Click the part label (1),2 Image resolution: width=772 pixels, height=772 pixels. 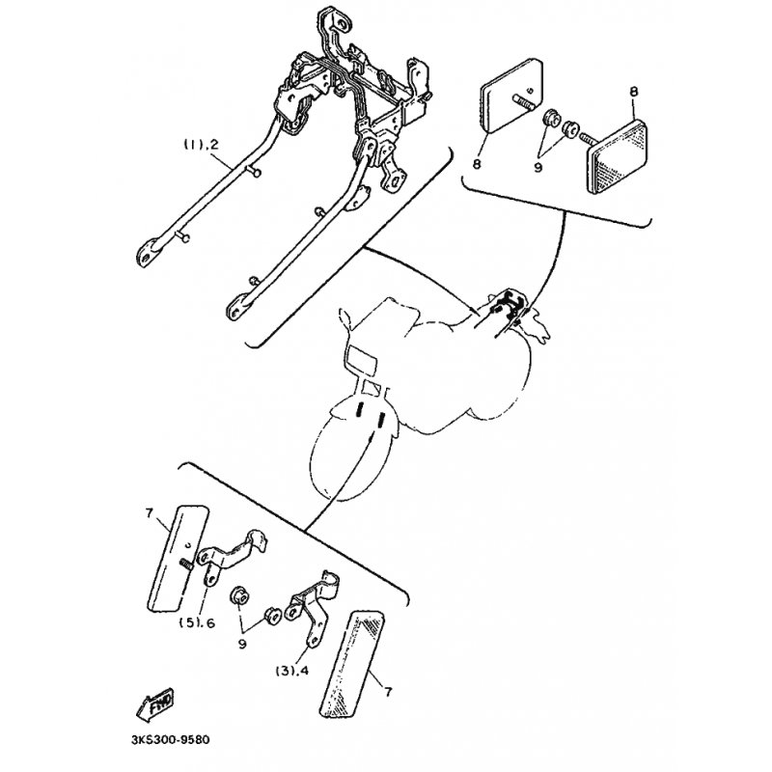point(202,145)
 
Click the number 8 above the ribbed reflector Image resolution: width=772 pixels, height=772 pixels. point(633,92)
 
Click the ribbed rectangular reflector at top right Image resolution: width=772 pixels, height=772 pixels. point(626,144)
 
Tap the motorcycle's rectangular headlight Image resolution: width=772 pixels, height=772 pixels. point(366,358)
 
